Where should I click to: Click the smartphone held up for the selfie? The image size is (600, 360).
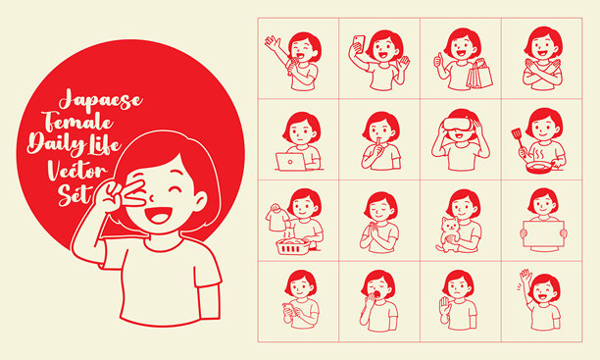click(x=359, y=43)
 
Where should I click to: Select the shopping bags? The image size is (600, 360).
click(x=479, y=75)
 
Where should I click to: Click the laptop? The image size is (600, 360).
click(x=291, y=161)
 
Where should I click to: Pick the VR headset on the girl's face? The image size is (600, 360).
click(x=457, y=127)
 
